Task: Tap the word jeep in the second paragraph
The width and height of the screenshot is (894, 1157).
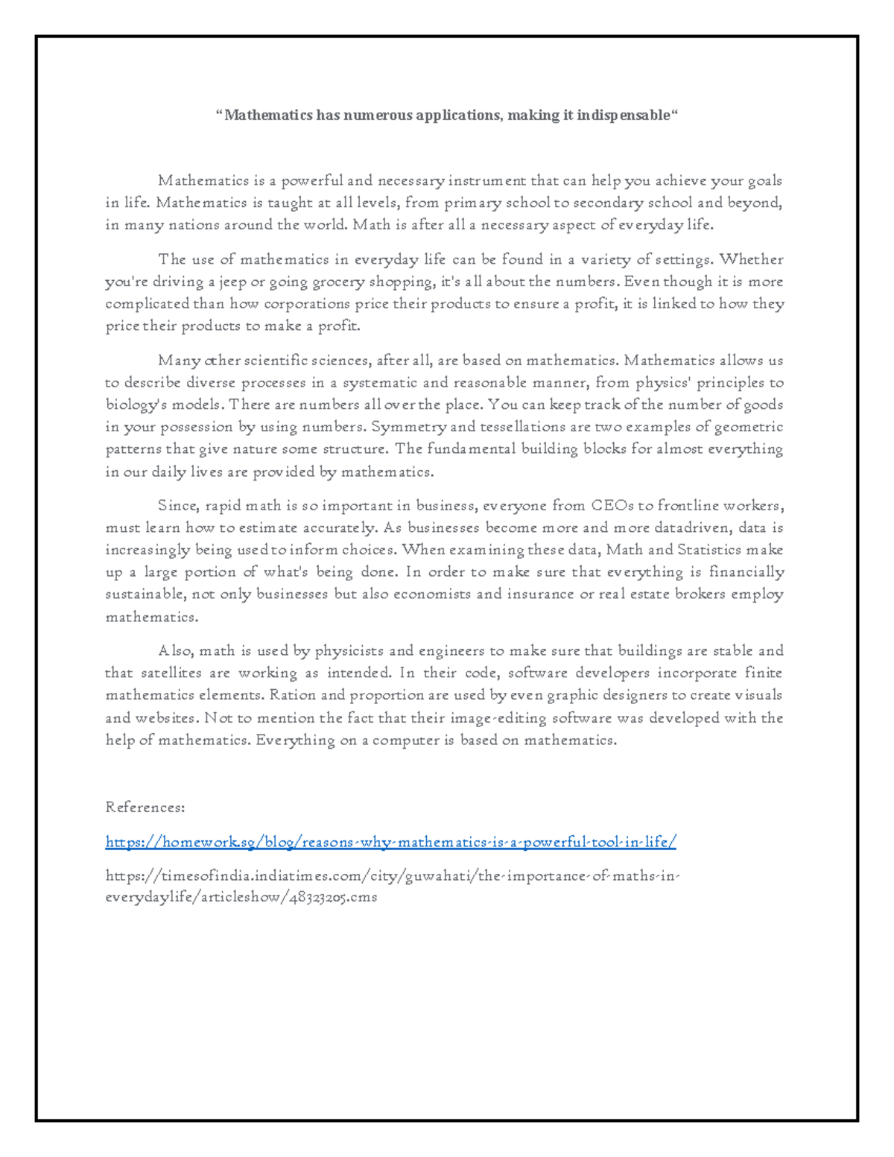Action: pos(232,282)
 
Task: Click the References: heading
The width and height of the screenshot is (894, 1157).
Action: pos(145,808)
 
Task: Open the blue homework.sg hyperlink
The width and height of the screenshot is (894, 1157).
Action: pos(391,843)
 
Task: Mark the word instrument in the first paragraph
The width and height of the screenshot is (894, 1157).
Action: pos(486,180)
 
